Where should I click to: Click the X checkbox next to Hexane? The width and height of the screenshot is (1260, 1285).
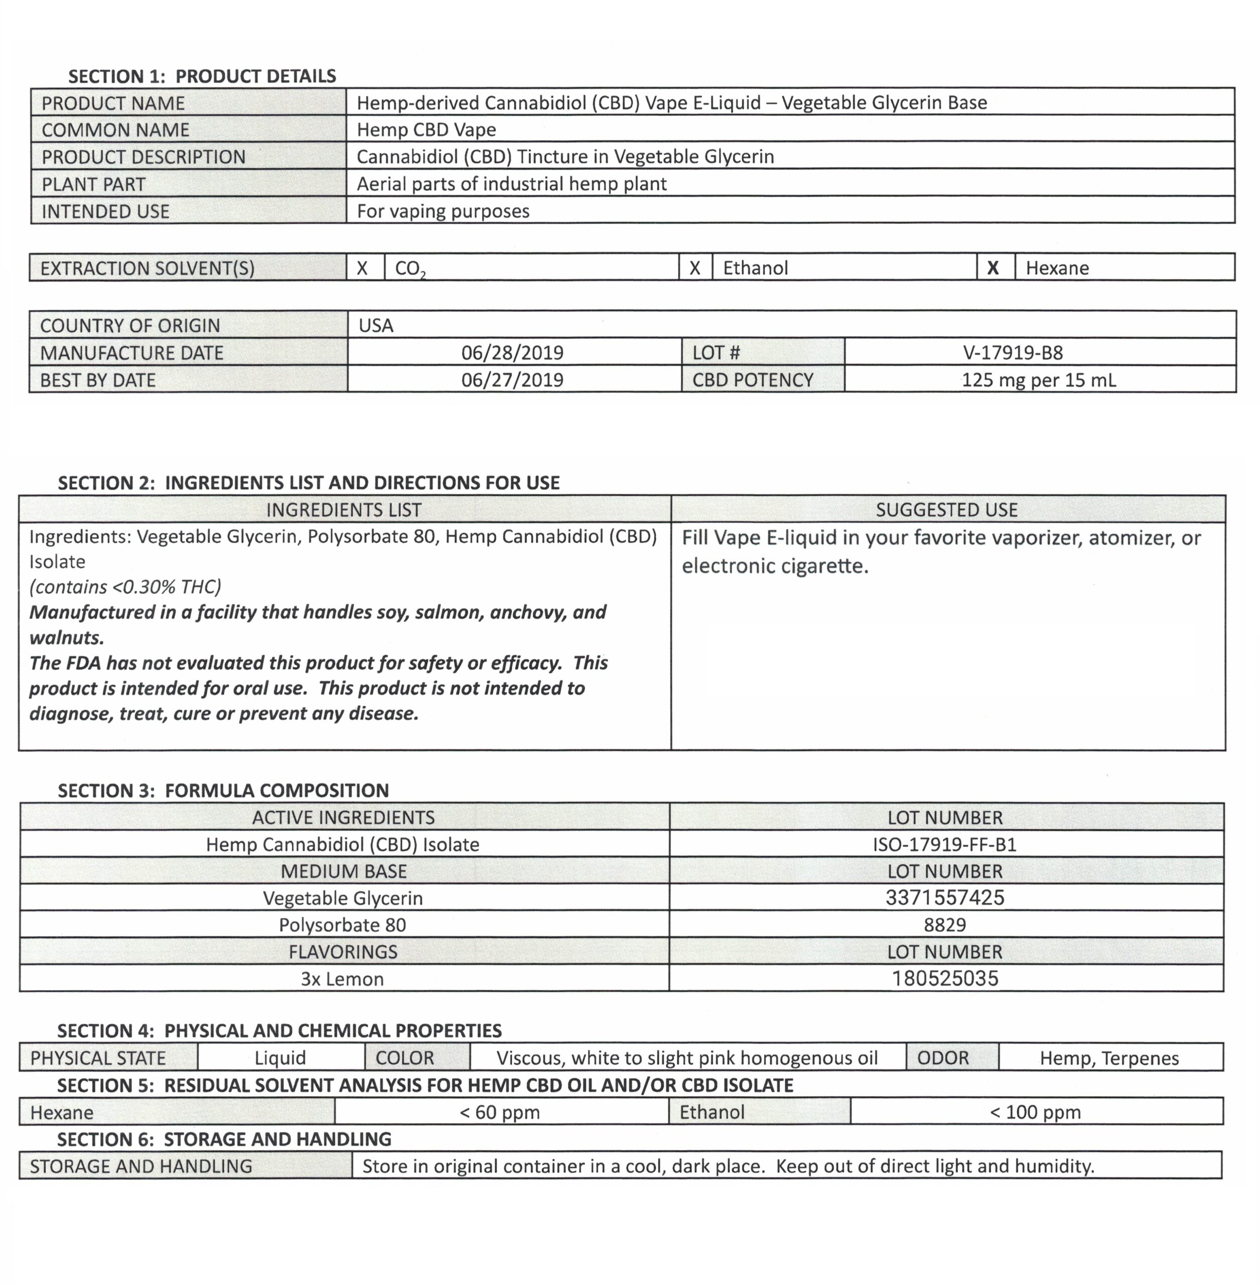point(993,268)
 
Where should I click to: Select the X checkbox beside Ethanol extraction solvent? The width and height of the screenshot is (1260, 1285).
point(695,268)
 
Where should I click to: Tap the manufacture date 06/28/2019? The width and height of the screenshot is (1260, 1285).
point(512,352)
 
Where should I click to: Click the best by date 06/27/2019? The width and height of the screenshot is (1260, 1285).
point(512,380)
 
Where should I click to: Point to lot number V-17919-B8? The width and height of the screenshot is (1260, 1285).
point(1013,352)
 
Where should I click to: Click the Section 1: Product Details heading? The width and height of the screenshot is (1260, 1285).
point(202,76)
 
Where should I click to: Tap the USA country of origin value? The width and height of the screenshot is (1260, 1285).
point(376,325)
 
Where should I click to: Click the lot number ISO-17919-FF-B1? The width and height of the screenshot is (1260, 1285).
point(944,844)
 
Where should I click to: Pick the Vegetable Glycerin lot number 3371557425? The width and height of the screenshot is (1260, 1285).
point(944,897)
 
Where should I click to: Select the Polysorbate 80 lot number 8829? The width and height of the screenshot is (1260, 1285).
point(944,925)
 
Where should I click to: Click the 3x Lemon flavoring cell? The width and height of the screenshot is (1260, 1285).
point(342,978)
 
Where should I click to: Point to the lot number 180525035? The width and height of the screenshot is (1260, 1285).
point(944,978)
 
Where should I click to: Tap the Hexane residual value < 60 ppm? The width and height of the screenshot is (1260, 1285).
point(500,1112)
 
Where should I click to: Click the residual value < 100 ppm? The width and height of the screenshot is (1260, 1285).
point(1035,1112)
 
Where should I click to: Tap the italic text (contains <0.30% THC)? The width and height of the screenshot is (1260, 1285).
point(125,587)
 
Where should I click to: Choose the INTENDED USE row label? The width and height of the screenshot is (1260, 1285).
point(106,211)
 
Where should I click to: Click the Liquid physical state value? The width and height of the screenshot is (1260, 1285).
point(280,1058)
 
